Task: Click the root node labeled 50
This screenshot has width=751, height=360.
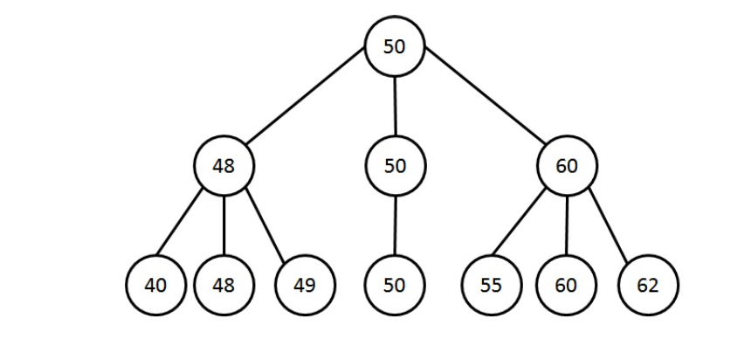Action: [x=395, y=46]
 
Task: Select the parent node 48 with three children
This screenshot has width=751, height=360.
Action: [x=224, y=165]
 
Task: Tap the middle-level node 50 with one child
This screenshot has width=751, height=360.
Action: [x=395, y=165]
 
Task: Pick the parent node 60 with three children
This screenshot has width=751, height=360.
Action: [x=567, y=165]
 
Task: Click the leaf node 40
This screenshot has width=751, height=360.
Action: [x=155, y=285]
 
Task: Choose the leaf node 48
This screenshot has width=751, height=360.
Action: [x=224, y=285]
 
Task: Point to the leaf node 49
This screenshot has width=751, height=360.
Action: [x=305, y=285]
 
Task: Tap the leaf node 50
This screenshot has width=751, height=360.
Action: [x=395, y=285]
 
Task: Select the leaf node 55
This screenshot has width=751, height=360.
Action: [x=491, y=285]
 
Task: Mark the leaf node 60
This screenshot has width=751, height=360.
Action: [x=566, y=285]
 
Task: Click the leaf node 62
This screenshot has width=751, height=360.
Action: [x=648, y=285]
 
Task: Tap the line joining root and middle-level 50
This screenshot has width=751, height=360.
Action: [x=395, y=106]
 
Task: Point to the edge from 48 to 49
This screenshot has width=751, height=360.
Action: [x=266, y=226]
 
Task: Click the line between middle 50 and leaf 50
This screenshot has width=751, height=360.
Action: [x=395, y=225]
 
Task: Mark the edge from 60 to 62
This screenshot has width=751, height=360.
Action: [x=609, y=226]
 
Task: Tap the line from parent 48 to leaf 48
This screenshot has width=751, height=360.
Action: [x=224, y=225]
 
